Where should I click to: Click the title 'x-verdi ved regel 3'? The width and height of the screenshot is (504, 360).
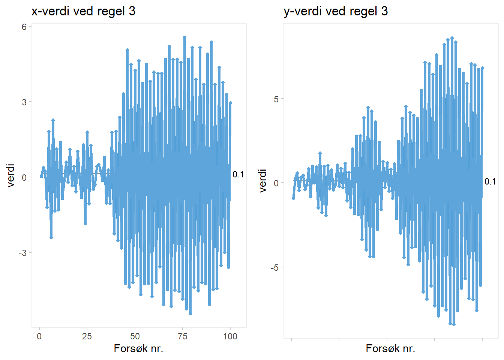coord(83,11)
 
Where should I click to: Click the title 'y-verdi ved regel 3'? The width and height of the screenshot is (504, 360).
coord(336,11)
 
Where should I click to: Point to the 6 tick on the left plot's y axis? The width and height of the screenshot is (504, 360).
coord(24,27)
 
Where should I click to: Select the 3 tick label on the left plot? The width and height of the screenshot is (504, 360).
coord(24,102)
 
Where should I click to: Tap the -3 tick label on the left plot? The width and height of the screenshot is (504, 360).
coord(22,253)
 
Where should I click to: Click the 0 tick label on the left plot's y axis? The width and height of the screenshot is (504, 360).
coord(24,177)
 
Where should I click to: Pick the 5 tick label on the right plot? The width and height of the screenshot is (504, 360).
coord(276,99)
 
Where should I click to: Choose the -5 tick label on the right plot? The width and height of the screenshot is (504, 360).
coord(274,267)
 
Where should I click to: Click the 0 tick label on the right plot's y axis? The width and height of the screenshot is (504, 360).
coord(276,183)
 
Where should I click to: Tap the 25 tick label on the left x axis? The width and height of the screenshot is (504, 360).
coord(87,336)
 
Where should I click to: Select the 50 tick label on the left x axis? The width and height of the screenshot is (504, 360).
coord(135,336)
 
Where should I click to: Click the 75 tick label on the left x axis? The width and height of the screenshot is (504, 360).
coord(183,336)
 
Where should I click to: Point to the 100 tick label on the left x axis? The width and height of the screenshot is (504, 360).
coord(230,336)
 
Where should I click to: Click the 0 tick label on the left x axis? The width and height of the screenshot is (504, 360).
coord(39,336)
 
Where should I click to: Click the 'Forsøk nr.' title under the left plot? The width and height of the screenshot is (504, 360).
coord(138,349)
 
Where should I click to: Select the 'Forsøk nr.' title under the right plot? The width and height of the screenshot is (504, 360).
coord(390,349)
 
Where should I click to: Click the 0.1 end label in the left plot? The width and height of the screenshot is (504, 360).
coord(238,174)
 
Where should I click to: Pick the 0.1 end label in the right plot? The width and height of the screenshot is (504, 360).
coord(490,181)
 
